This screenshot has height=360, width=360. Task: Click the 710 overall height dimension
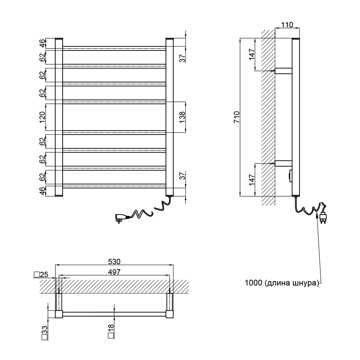[x=237, y=117]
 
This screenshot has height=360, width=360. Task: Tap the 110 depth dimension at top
[x=287, y=24]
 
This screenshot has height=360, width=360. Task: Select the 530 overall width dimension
[x=114, y=261]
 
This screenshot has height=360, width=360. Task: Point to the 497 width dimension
[x=114, y=272]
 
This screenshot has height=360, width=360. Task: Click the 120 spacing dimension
[x=42, y=117]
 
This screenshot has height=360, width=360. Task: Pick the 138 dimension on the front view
[x=182, y=117]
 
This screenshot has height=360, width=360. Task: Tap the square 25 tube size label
[x=41, y=275]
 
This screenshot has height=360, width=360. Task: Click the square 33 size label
[x=45, y=333]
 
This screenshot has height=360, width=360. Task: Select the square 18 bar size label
[x=111, y=331]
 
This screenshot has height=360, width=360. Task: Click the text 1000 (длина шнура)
[x=282, y=283]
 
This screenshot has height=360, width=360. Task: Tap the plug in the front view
[x=121, y=218]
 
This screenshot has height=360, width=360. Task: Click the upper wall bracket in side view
[x=283, y=71]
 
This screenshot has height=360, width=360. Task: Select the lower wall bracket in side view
[x=283, y=163]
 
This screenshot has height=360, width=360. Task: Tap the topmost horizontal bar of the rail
[x=114, y=48]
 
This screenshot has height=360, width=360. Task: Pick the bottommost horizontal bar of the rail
[x=114, y=186]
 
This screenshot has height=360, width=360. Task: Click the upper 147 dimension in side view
[x=252, y=54]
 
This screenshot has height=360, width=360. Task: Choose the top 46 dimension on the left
[x=42, y=43]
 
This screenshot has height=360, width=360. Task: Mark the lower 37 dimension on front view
[x=182, y=176]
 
